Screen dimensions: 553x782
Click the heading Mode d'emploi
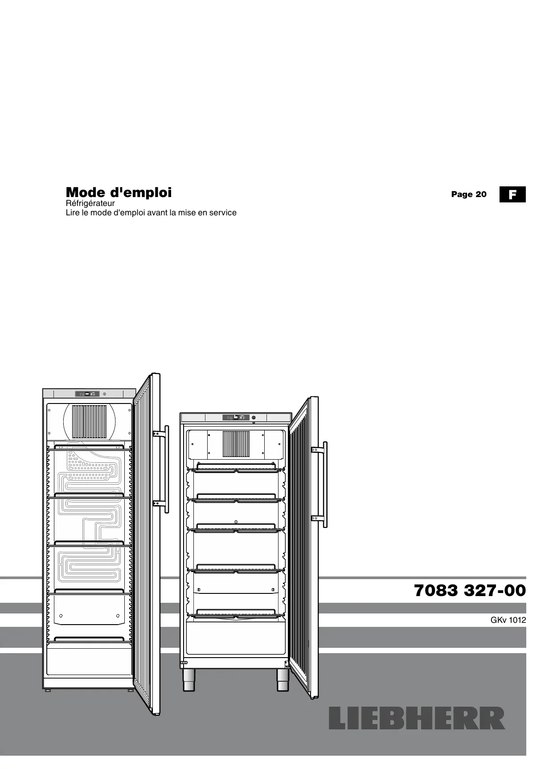click(x=119, y=193)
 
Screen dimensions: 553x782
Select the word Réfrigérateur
click(x=90, y=204)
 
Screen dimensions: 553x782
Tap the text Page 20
click(x=469, y=194)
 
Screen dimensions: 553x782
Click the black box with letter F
click(x=512, y=194)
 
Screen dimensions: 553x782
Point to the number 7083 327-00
click(x=470, y=591)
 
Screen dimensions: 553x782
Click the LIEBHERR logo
click(x=417, y=718)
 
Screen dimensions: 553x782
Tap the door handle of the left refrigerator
click(x=166, y=468)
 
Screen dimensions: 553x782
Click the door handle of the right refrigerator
click(x=325, y=484)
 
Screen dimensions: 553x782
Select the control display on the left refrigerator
click(x=87, y=394)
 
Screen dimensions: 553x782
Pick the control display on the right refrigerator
click(x=236, y=418)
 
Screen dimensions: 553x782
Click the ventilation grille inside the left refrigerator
click(x=89, y=421)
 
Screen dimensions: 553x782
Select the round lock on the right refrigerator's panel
click(x=254, y=418)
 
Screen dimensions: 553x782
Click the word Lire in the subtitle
click(x=72, y=213)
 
